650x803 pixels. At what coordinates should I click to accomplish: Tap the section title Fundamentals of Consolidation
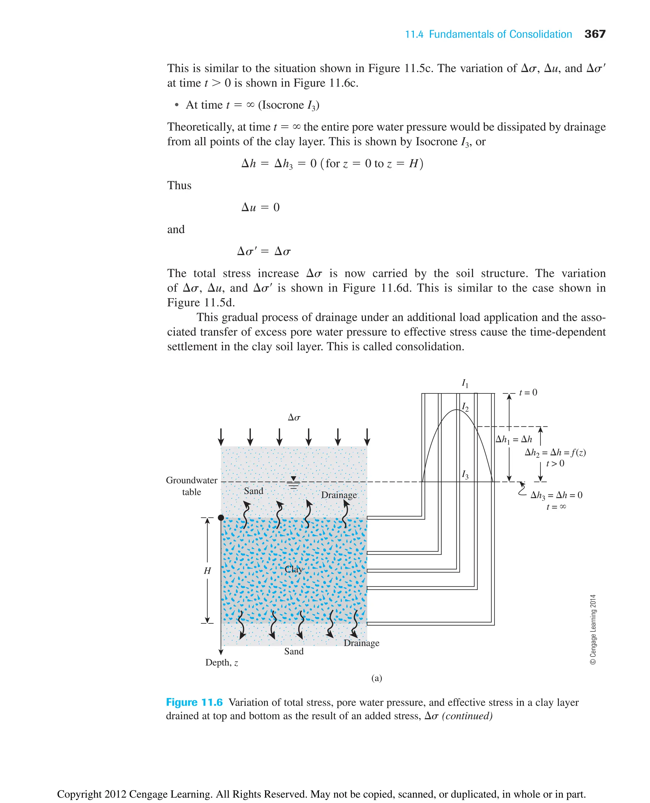click(500, 35)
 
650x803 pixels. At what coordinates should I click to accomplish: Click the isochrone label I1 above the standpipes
click(465, 383)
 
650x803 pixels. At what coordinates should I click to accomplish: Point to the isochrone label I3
click(465, 475)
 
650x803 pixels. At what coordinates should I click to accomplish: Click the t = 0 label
click(528, 392)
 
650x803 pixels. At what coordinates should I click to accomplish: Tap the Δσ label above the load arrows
click(294, 418)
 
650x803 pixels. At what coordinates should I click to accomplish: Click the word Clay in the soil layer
click(294, 569)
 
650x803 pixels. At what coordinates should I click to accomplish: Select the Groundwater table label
click(191, 486)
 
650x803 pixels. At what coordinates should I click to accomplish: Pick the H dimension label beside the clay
click(207, 570)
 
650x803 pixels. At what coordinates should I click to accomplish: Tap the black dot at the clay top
click(221, 518)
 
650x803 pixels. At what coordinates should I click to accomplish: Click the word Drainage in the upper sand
click(339, 495)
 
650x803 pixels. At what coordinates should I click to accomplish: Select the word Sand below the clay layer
click(294, 651)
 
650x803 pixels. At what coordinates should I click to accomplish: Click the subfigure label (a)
click(377, 678)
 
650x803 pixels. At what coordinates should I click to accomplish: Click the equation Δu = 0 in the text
click(261, 207)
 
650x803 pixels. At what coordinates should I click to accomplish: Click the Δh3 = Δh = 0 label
click(556, 495)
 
